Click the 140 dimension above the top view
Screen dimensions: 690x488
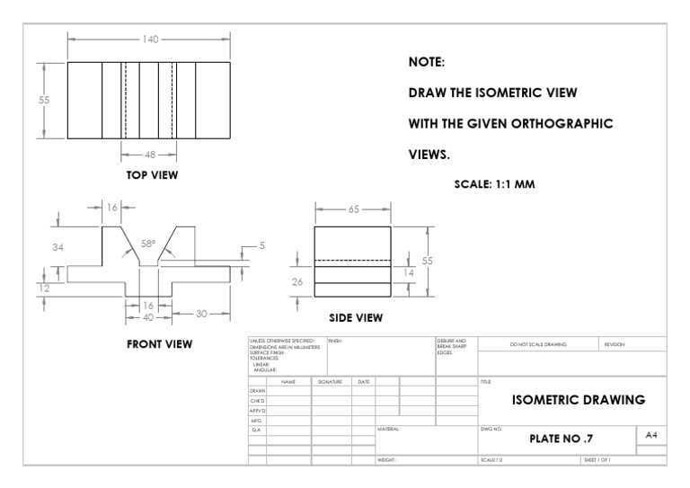point(150,39)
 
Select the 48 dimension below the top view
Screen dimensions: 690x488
point(149,154)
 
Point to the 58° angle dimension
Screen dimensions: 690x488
point(148,244)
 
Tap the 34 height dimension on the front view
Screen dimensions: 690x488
point(58,247)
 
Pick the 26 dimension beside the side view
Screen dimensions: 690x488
point(298,281)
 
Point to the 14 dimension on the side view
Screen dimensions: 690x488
point(410,271)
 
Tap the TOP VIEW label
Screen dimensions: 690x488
point(151,175)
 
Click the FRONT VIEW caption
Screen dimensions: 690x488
point(159,343)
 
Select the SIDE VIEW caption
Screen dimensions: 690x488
point(355,317)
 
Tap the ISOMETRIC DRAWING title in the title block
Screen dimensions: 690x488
point(578,400)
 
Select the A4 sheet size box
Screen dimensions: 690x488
point(653,434)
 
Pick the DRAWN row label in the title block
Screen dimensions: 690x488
point(257,391)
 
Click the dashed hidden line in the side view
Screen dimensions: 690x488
point(352,260)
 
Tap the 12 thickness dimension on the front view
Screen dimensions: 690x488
point(45,288)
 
